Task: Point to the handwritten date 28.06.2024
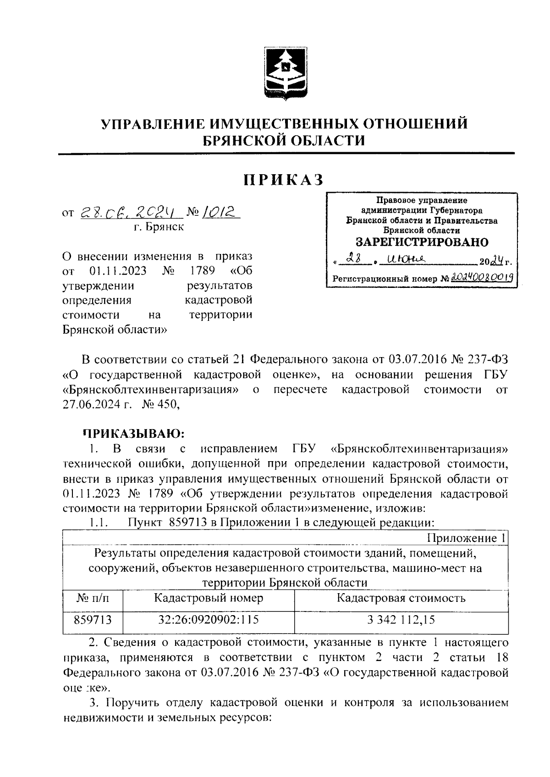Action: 131,212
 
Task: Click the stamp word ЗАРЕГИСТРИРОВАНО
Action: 422,242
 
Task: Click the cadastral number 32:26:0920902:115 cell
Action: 209,620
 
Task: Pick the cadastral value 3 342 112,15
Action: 401,620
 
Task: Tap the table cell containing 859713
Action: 93,620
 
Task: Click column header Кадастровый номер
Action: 209,598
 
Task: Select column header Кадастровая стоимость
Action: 401,598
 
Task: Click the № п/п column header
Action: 93,598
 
